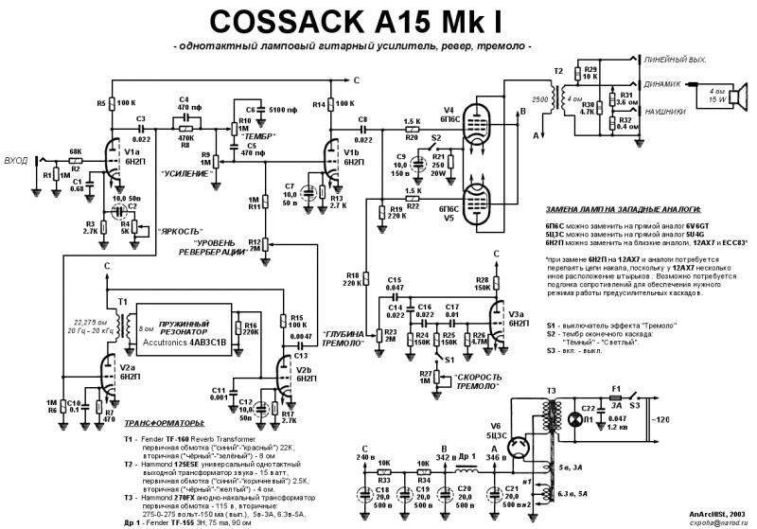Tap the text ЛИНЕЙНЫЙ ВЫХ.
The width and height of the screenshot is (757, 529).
[x=675, y=61]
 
